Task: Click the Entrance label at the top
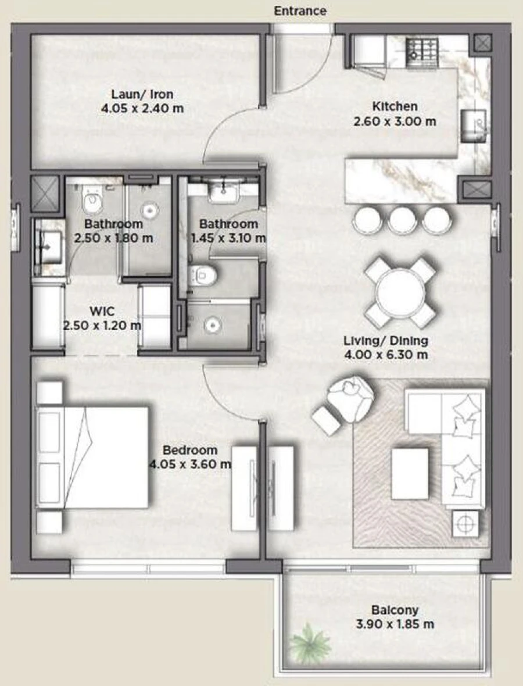(300, 11)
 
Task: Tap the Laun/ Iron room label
(142, 94)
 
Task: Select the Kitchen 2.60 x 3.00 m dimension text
(395, 122)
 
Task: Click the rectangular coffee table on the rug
(410, 473)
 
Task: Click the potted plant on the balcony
(310, 642)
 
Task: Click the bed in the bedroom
(93, 458)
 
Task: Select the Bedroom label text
(190, 450)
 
